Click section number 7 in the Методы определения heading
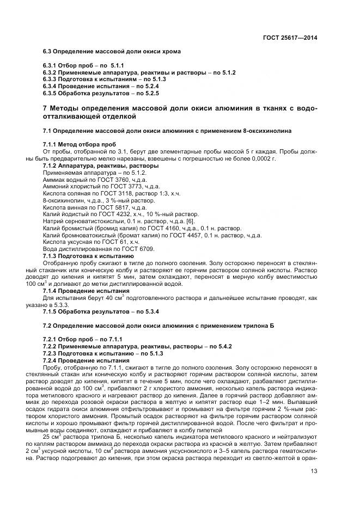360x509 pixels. click(x=45, y=108)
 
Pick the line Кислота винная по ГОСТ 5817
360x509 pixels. click(x=87, y=207)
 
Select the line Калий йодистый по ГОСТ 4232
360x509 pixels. click(x=117, y=214)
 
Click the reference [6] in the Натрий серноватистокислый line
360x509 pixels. click(x=191, y=222)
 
